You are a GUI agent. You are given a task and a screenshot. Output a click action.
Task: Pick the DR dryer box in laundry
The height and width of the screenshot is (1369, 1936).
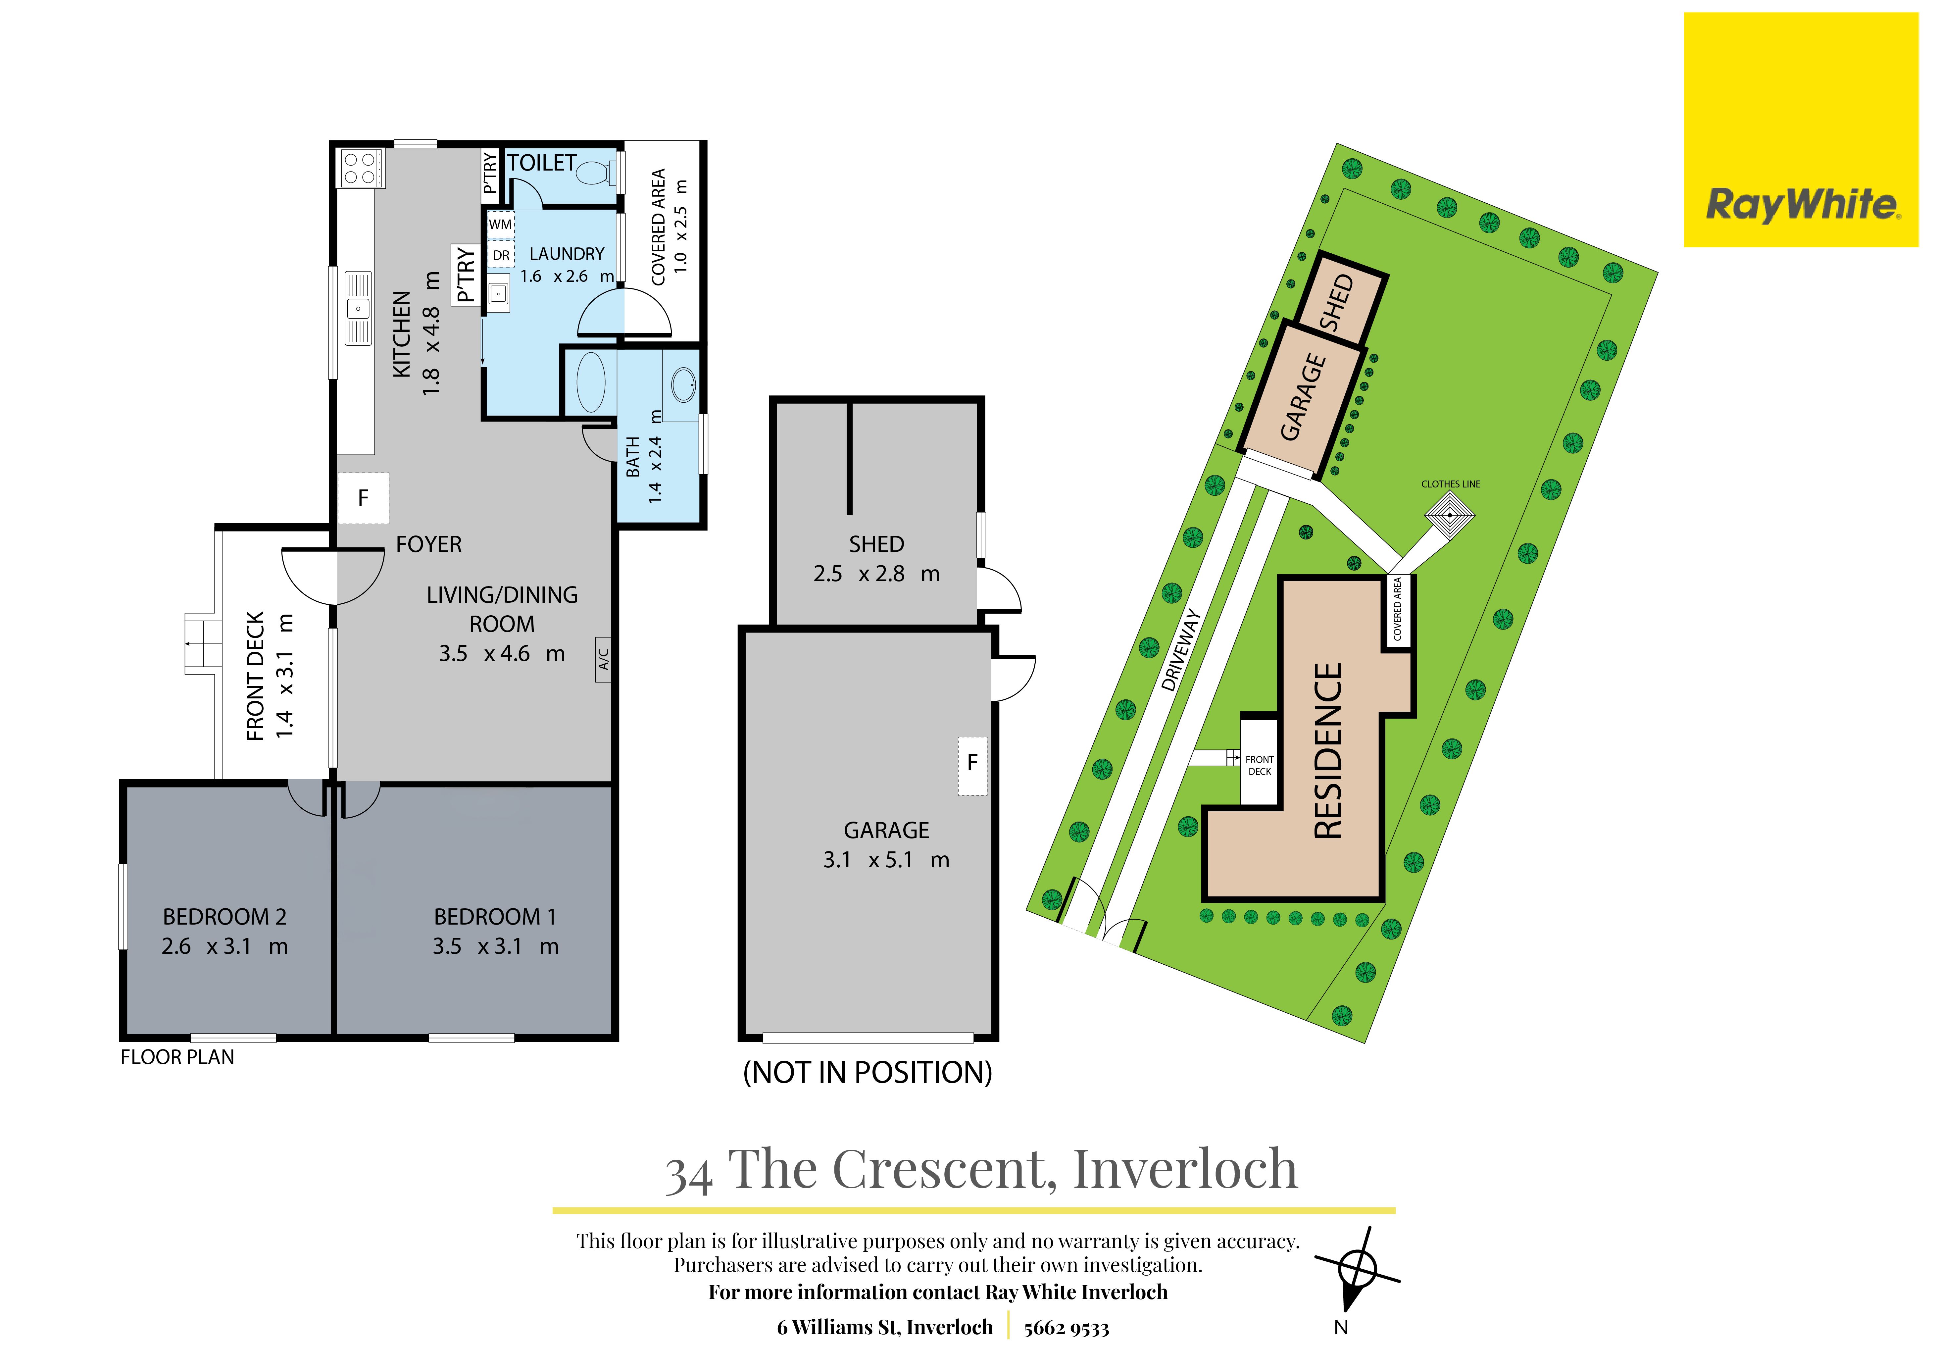[x=501, y=255]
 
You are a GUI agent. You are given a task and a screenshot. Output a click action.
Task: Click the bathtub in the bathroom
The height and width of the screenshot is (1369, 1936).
[x=590, y=382]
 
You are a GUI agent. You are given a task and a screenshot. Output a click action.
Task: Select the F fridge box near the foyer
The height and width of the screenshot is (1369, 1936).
[x=364, y=498]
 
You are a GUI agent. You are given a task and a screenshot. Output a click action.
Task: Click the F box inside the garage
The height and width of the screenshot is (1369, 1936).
[x=972, y=765]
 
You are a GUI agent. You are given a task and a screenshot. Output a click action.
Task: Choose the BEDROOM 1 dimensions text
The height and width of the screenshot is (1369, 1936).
[x=496, y=946]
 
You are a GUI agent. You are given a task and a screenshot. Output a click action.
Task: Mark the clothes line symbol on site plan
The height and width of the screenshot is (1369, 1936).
[x=1450, y=515]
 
